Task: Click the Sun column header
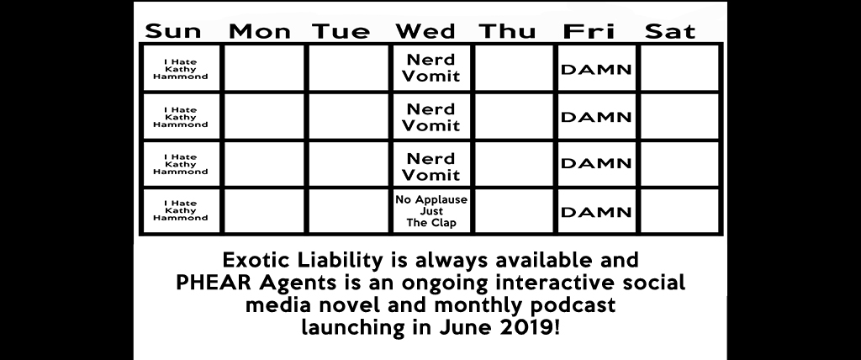173,31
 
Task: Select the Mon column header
259,31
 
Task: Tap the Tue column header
341,31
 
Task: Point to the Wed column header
425,31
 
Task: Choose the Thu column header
507,31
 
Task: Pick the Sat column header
670,31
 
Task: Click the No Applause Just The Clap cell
431,212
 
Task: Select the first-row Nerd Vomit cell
431,67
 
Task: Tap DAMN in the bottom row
596,212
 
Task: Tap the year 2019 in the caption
526,327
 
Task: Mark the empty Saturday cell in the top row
679,67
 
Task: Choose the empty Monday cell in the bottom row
264,212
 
